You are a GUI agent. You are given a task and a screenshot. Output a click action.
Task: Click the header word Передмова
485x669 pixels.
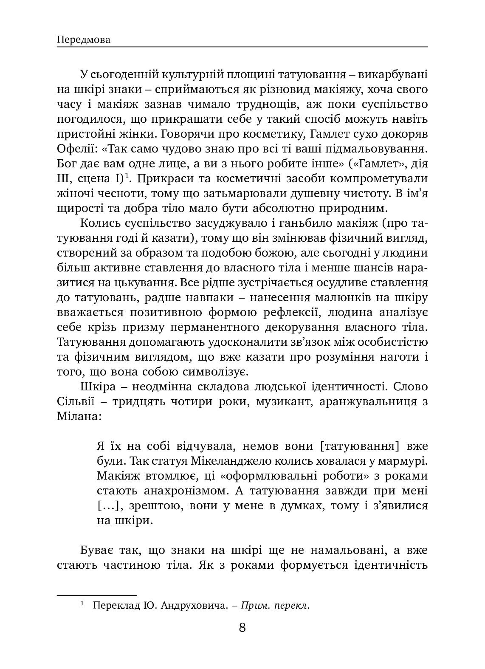[x=83, y=40]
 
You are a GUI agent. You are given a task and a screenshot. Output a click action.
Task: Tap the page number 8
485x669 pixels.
[x=242, y=627]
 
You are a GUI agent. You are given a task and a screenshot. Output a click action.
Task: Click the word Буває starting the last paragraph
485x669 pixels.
[x=96, y=550]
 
